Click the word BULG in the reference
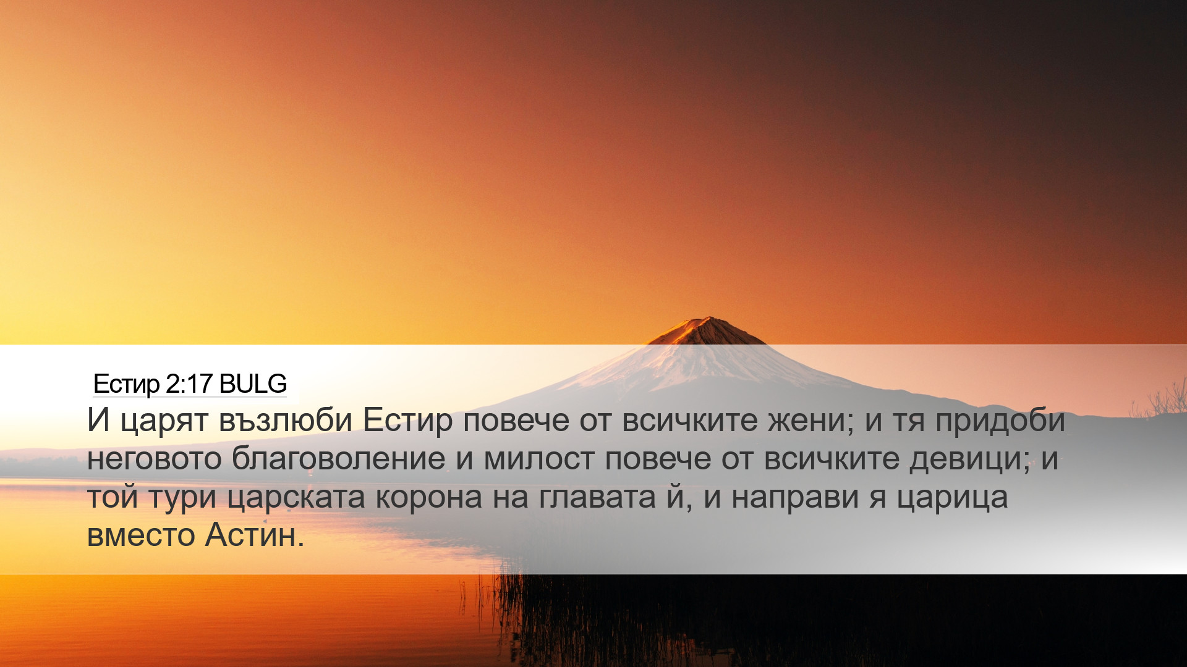(x=253, y=384)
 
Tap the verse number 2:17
(x=189, y=384)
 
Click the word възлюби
(x=286, y=420)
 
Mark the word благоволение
(x=339, y=458)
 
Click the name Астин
(x=250, y=535)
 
